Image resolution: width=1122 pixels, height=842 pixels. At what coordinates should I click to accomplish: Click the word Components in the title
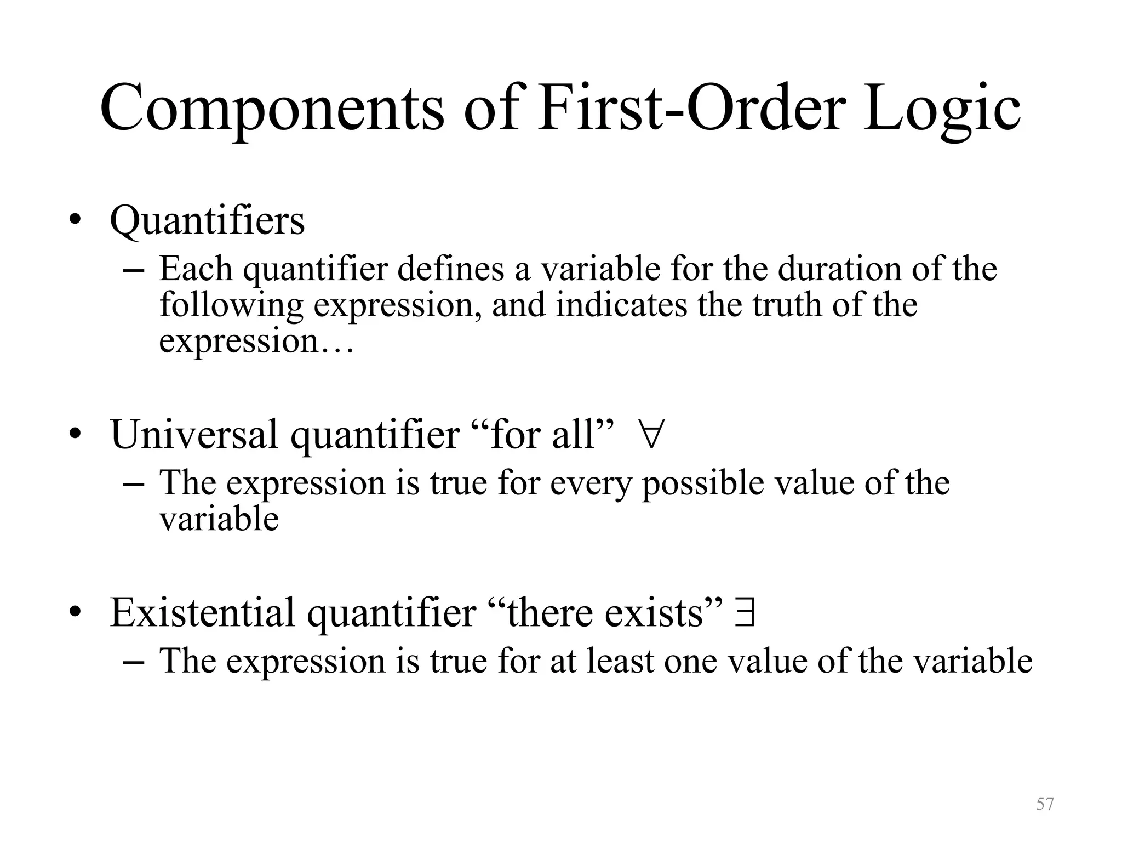(272, 108)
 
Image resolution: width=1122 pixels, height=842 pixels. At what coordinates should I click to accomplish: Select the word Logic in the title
(942, 108)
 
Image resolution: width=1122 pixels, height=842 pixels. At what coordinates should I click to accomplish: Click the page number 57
(1045, 804)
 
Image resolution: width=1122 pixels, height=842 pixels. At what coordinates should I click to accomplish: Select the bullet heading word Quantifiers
(207, 221)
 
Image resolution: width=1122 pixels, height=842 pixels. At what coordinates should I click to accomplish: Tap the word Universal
(194, 435)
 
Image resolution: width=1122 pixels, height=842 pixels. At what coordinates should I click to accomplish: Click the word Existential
(202, 613)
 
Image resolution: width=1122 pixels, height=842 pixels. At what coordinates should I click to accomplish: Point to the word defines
(450, 269)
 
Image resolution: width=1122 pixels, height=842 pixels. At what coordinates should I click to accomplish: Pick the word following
(231, 306)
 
